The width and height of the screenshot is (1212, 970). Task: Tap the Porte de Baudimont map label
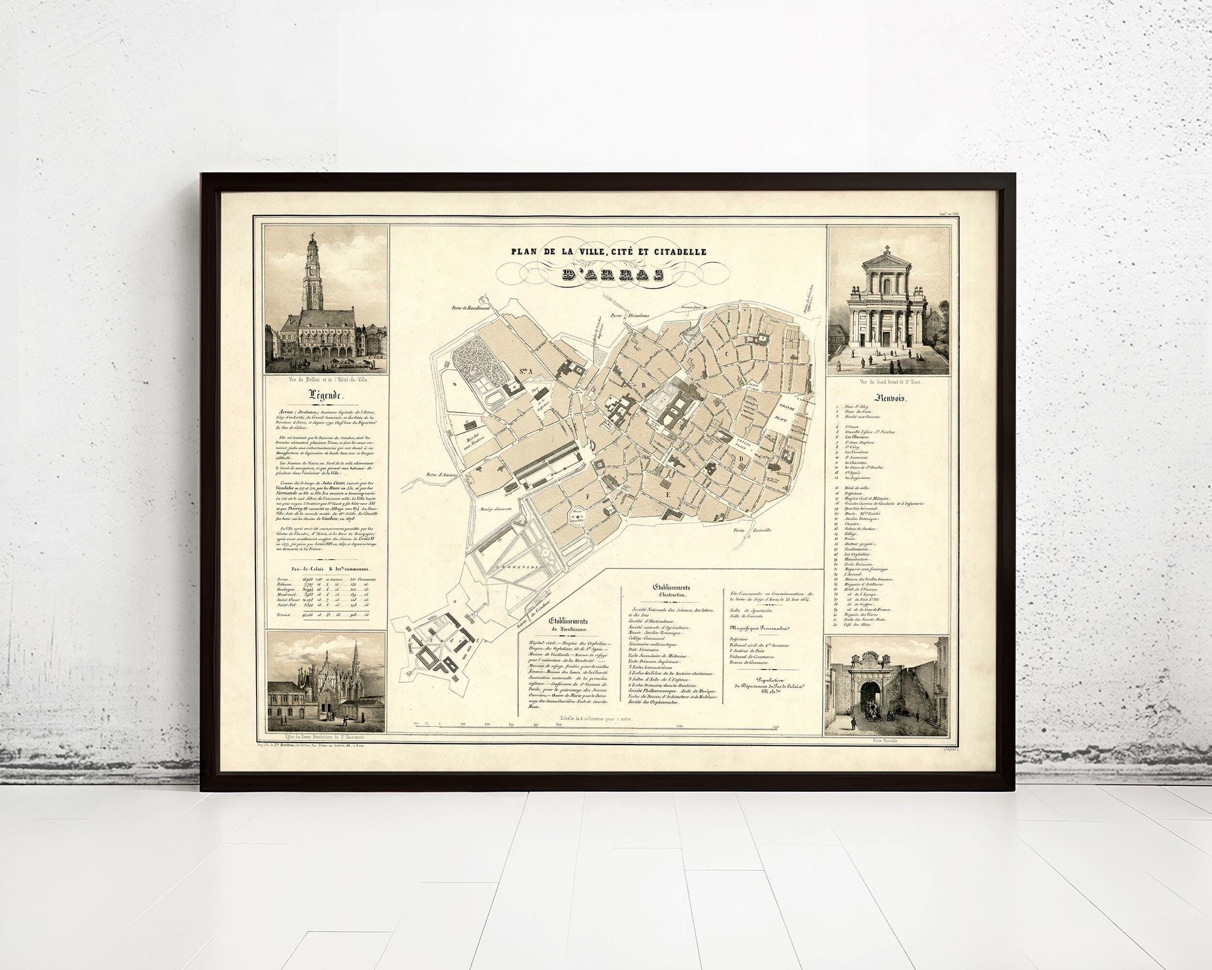pos(471,308)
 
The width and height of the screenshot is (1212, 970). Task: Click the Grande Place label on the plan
pos(790,420)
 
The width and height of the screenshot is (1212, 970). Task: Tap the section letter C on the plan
pos(727,370)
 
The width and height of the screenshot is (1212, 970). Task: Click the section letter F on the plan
pos(588,497)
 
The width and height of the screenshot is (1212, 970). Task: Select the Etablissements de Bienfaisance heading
pos(569,617)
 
